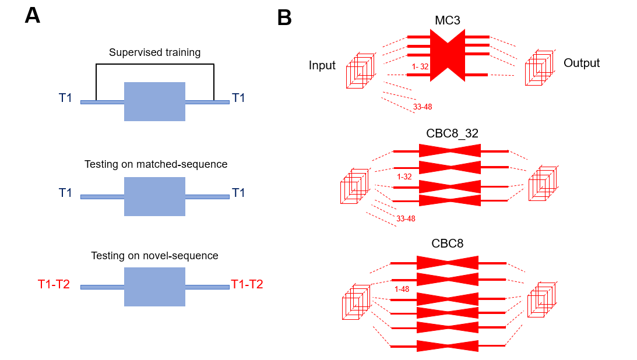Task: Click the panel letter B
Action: (284, 18)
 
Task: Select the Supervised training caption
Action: (154, 52)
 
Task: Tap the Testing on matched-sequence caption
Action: (156, 164)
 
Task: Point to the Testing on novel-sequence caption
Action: (154, 256)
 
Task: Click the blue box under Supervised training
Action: (154, 101)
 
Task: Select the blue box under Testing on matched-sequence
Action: (154, 196)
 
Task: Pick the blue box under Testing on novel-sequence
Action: (154, 287)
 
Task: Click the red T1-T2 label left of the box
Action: (54, 284)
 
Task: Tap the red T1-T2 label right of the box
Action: (247, 284)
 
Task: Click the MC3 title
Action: (448, 20)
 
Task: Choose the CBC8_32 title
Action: (452, 133)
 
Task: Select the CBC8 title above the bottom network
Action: (448, 243)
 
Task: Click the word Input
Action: (322, 65)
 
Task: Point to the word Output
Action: (582, 63)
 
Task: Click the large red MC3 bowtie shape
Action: (448, 55)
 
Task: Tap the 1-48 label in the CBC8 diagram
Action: (402, 289)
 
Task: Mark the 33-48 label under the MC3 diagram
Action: (423, 107)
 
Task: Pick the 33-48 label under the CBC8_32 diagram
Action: (406, 218)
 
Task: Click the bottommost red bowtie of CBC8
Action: (448, 346)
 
